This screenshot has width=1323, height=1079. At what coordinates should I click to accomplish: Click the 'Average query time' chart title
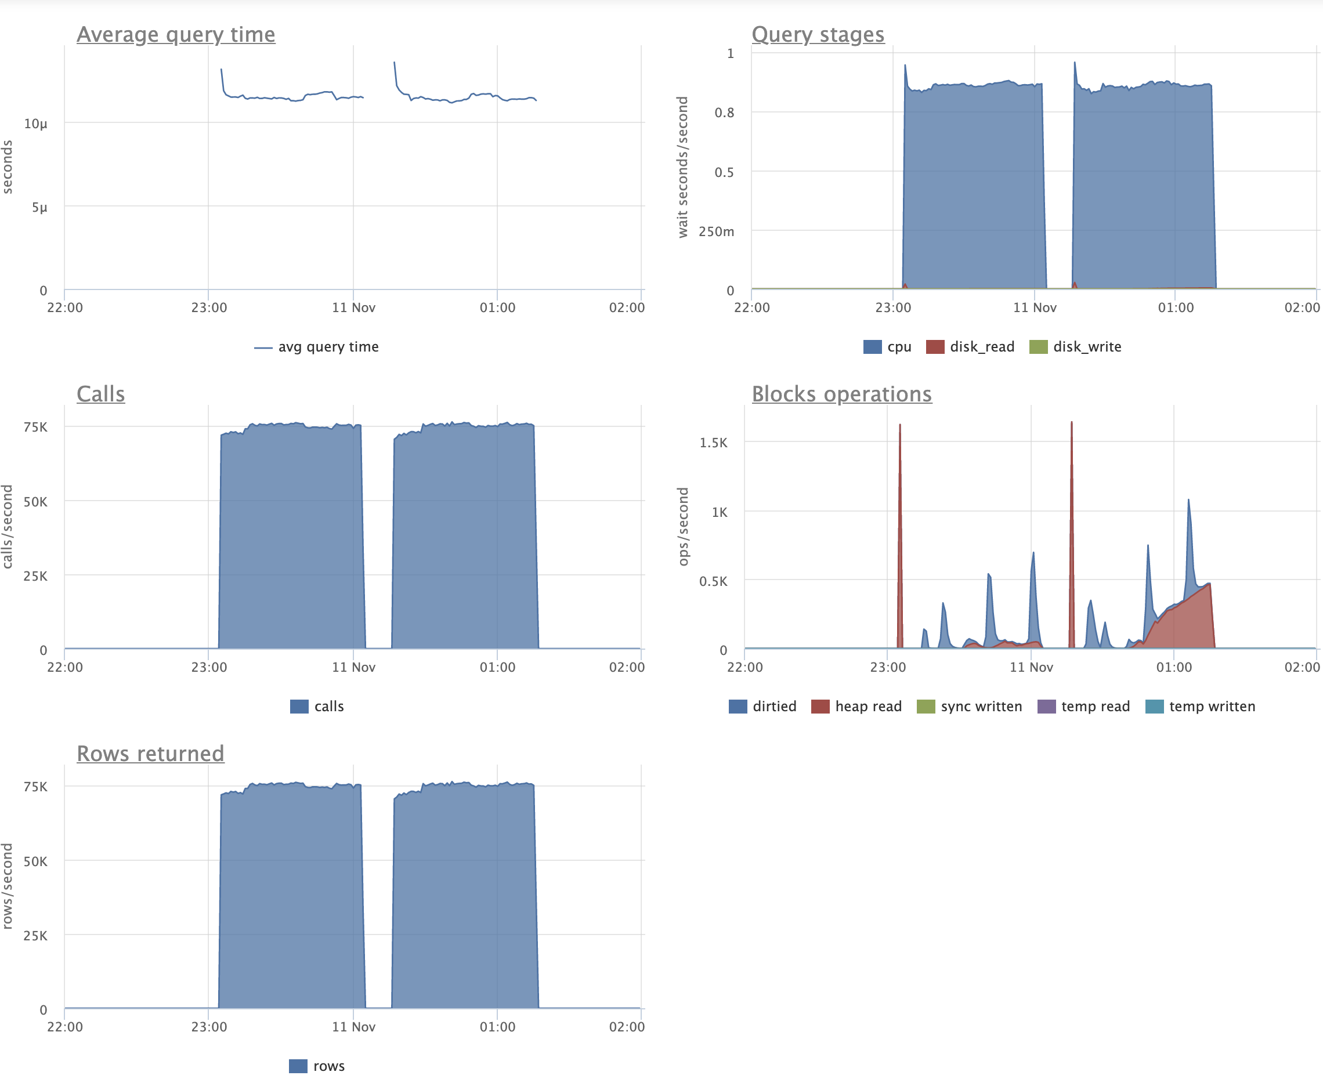point(176,34)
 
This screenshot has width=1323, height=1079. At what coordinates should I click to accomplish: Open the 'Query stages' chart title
point(818,34)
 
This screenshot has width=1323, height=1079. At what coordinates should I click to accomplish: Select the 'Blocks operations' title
point(841,394)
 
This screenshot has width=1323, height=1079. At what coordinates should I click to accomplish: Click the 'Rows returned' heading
point(150,754)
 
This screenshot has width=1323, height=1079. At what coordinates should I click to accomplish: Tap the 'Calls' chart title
point(101,394)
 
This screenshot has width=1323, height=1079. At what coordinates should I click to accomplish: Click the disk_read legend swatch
point(935,347)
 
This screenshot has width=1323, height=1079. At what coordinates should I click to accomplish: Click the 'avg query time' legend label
point(328,347)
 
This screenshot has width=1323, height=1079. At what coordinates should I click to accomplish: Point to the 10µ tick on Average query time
point(35,124)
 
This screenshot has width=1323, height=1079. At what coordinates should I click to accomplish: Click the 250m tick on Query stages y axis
point(716,232)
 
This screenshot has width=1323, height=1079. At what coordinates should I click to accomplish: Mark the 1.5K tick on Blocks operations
point(713,443)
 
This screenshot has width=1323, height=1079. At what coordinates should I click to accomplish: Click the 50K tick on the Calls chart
point(35,502)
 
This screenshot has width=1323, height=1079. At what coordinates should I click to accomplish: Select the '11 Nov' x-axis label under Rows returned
point(353,1027)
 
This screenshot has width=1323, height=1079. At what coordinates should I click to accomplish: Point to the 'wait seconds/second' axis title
point(682,166)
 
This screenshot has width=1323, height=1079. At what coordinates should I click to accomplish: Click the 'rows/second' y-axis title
point(8,886)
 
